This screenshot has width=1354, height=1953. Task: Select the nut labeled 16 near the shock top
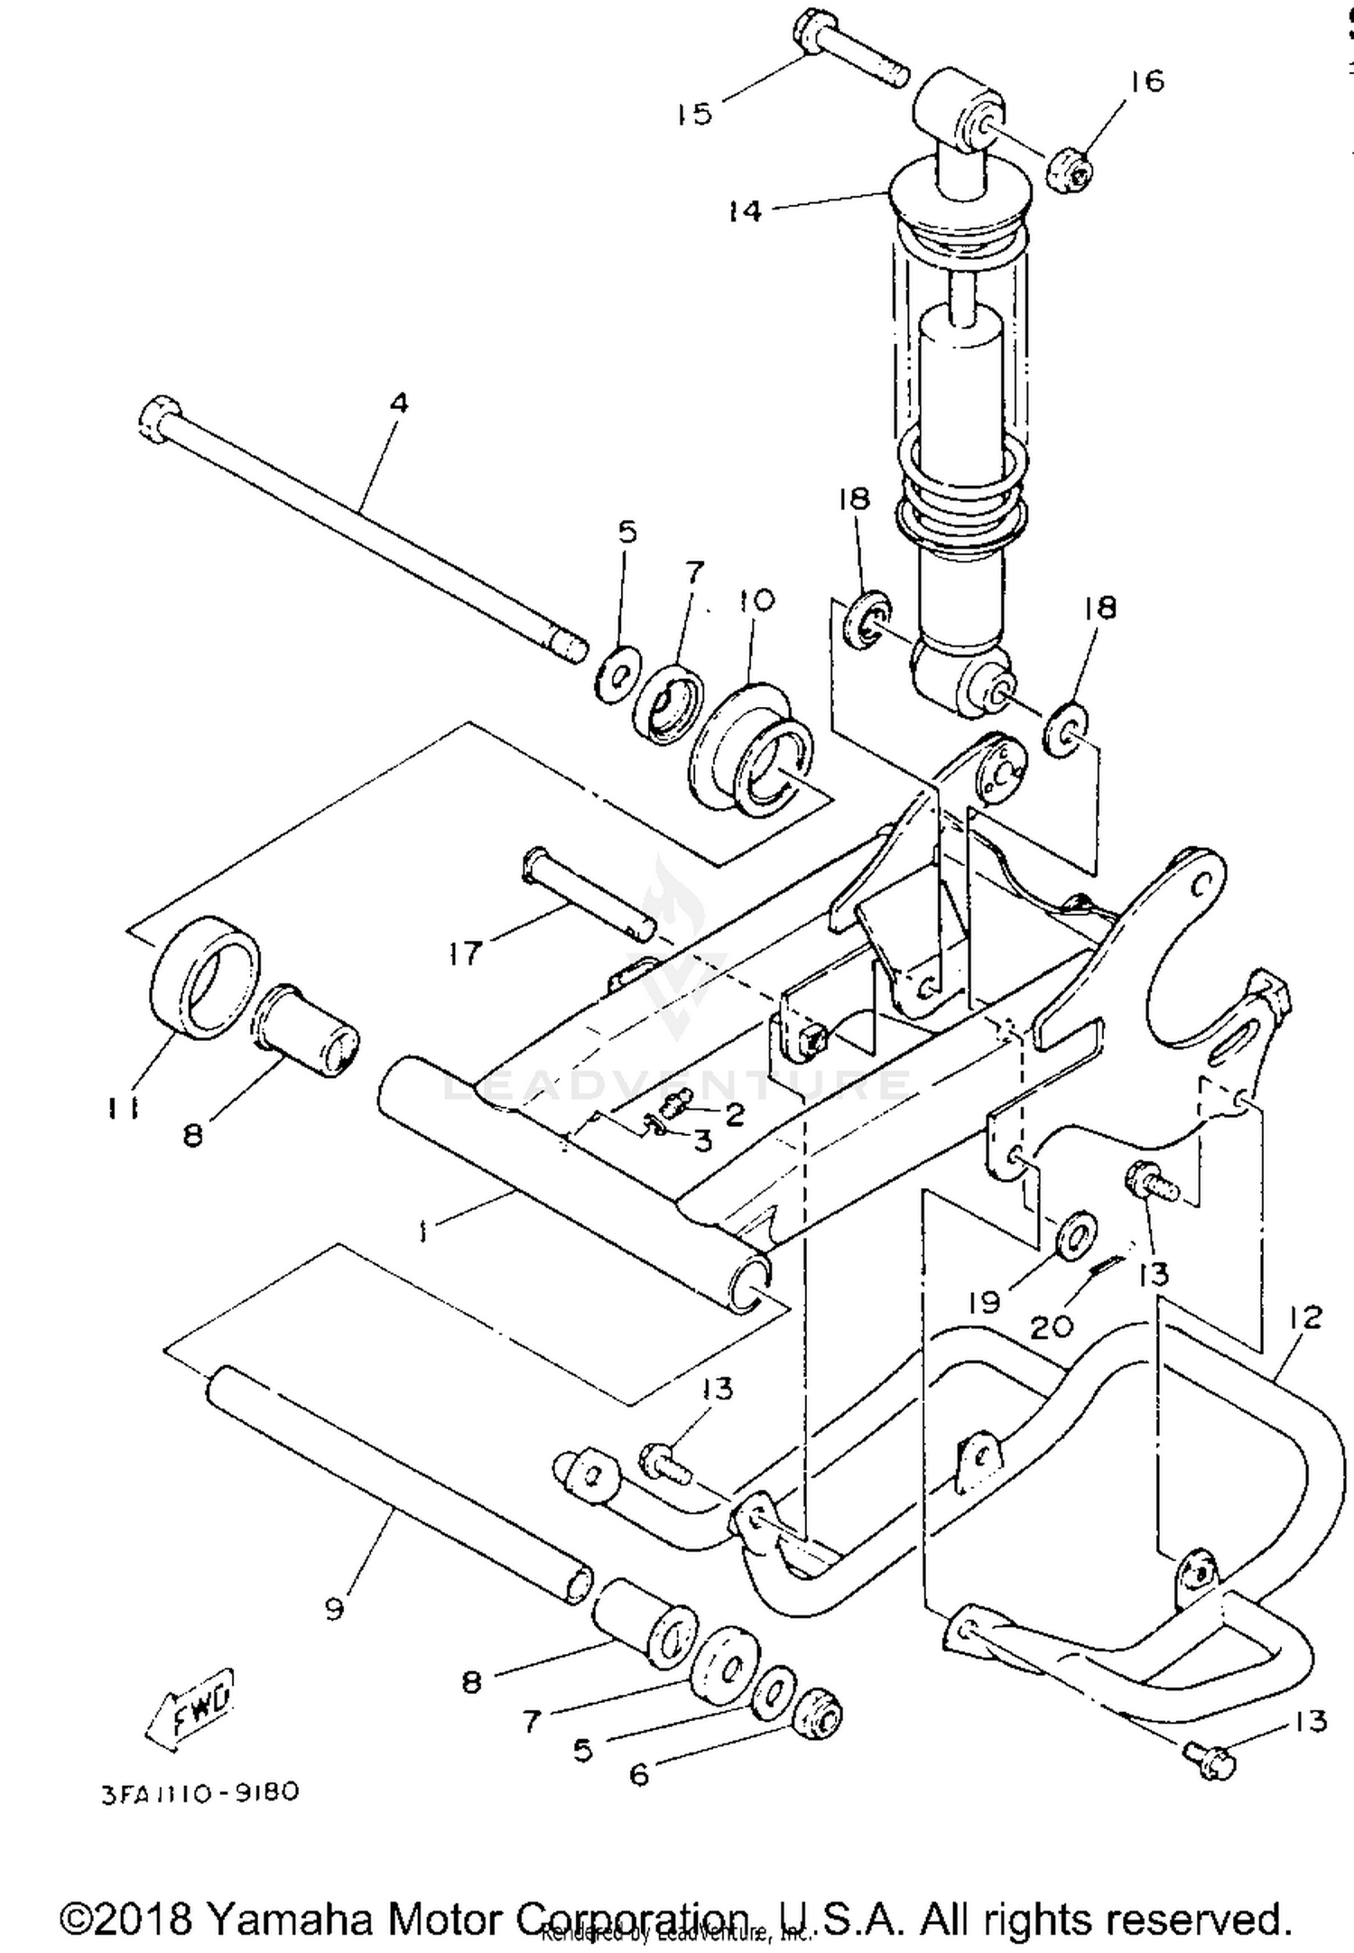click(x=1071, y=169)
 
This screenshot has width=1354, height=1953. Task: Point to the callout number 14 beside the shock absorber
click(x=746, y=211)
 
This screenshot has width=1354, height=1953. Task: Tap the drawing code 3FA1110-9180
click(x=199, y=1790)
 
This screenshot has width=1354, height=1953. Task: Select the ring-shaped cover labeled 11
click(x=203, y=978)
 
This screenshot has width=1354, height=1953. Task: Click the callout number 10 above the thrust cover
click(x=756, y=600)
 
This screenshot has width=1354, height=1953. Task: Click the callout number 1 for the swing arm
click(x=422, y=1232)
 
